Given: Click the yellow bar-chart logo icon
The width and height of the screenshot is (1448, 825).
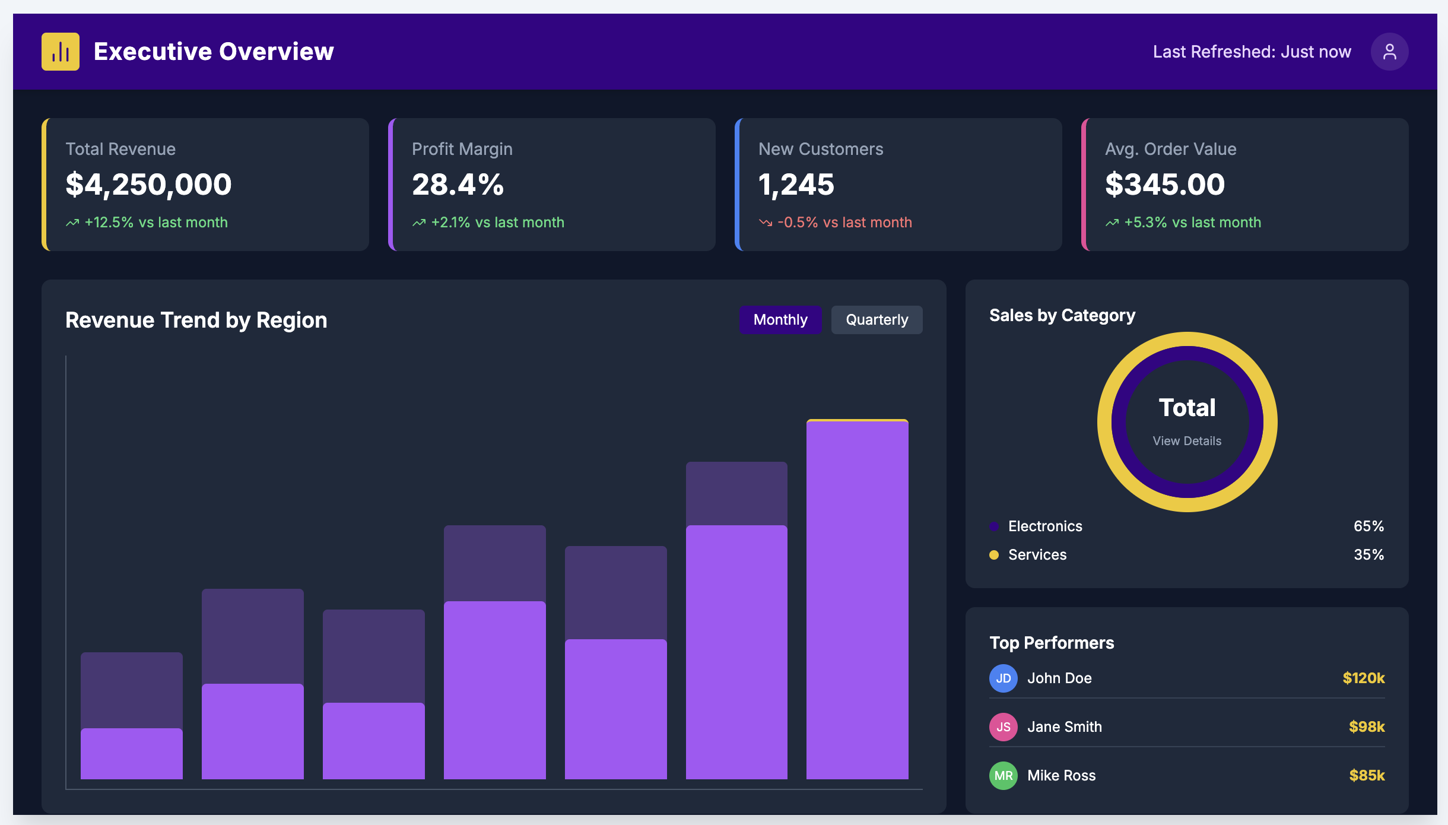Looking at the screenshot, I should pos(61,52).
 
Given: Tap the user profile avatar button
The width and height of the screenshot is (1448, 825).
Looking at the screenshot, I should pos(1389,52).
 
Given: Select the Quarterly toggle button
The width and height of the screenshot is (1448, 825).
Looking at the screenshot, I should pos(877,320).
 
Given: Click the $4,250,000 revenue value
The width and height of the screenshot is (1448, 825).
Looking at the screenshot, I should pos(148,184).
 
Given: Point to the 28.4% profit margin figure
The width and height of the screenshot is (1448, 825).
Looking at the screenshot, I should pos(458,184).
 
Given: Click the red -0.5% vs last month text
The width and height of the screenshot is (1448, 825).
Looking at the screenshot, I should pos(844,223).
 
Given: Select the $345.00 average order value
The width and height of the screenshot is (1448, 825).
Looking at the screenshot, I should pos(1164,184).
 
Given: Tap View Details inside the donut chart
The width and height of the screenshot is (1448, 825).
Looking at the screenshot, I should pos(1187,441).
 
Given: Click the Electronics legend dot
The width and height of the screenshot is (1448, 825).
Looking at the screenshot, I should pos(994,526).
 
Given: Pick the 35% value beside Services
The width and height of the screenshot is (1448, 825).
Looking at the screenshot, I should pos(1368,555).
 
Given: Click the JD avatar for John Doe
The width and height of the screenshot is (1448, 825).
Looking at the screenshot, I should pos(1004,678).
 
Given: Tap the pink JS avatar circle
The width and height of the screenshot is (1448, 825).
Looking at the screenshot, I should pos(1004,727).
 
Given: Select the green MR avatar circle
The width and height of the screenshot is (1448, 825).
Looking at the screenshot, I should pos(1004,776).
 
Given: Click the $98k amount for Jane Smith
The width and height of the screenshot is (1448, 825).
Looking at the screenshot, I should pos(1366,727).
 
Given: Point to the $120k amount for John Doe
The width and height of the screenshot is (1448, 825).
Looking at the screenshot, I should pos(1363,678).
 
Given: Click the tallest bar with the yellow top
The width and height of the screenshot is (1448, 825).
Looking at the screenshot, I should pos(857,599).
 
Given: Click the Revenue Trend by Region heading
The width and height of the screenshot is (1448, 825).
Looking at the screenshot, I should pos(196,321).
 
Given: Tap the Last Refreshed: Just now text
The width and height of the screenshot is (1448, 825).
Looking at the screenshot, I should pos(1252,52).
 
